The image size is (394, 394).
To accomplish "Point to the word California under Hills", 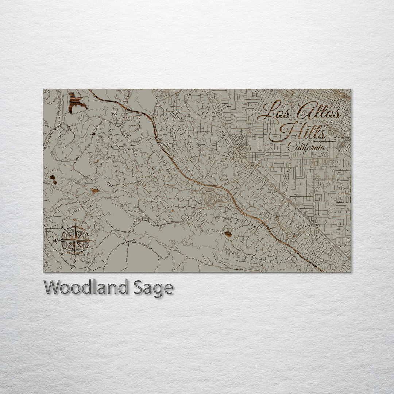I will coord(306,147).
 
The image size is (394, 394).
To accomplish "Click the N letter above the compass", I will coord(75,220).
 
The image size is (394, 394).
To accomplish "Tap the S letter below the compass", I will coord(75,260).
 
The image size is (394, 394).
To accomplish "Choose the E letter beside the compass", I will coord(94,241).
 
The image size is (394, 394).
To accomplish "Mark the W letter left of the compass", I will coord(55,240).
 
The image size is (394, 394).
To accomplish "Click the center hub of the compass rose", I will coord(75,240).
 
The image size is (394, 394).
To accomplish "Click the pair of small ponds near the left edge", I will coord(53,179).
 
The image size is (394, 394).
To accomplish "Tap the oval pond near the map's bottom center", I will coord(228,234).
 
